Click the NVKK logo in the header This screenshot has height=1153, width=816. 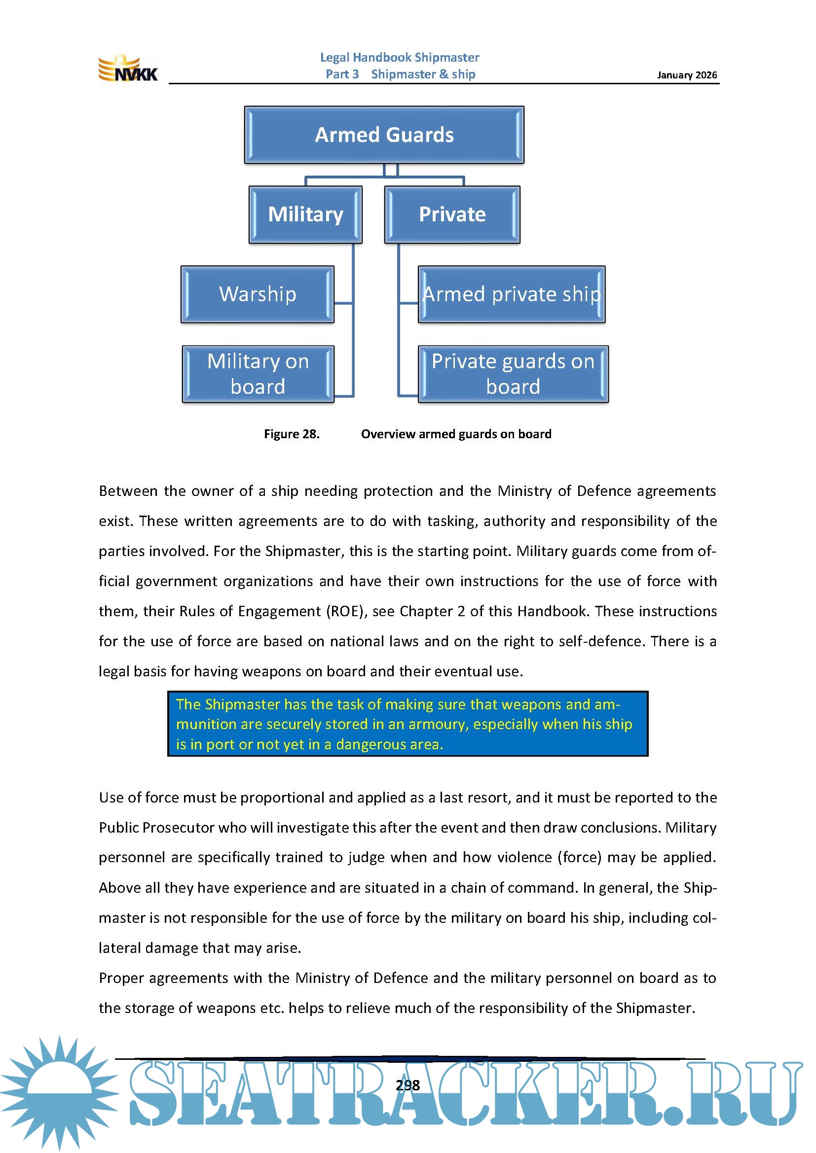point(128,69)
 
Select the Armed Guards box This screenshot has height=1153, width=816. point(384,135)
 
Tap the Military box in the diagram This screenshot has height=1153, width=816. point(305,214)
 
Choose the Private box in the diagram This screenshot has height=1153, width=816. point(452,214)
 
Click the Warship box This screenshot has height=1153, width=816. point(257,294)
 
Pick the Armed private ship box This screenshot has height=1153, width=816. point(512,294)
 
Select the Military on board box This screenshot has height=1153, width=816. point(258,374)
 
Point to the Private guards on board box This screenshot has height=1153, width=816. point(513,374)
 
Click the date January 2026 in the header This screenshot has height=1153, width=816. point(687,75)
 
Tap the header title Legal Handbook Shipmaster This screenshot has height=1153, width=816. point(400,57)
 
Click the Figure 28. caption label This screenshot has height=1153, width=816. point(292,434)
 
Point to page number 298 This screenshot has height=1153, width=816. point(408,1085)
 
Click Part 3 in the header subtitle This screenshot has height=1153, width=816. point(342,74)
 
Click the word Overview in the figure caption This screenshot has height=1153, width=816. point(388,434)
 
